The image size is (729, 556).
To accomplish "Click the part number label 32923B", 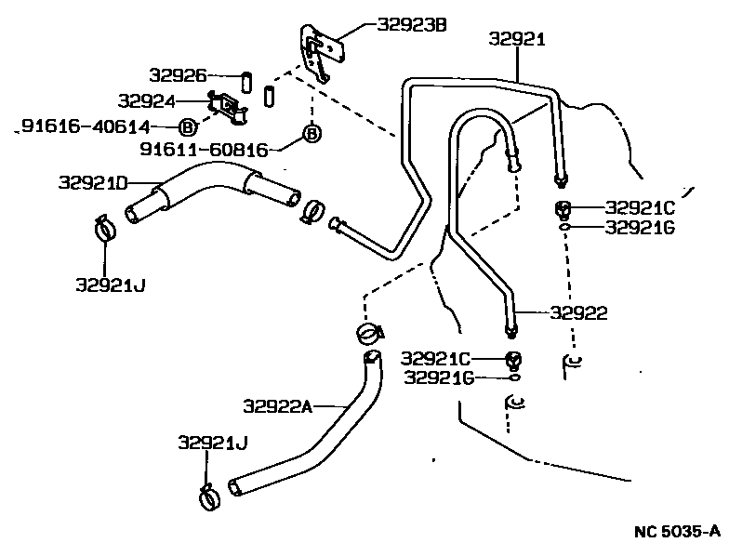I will click(412, 25).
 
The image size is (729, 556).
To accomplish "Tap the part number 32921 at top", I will click(516, 38).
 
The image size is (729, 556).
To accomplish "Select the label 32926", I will click(178, 74).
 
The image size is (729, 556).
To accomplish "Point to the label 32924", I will click(147, 99).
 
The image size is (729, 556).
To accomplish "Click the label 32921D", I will click(92, 181).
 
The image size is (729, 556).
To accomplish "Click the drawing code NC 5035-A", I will click(676, 532).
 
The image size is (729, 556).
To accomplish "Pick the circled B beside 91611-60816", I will click(312, 135).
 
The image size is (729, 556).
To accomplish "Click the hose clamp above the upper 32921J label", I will click(106, 226).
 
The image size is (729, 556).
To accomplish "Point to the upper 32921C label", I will click(641, 207).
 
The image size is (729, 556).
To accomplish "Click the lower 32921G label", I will click(440, 377).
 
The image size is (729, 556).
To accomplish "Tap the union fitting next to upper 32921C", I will click(563, 207).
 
